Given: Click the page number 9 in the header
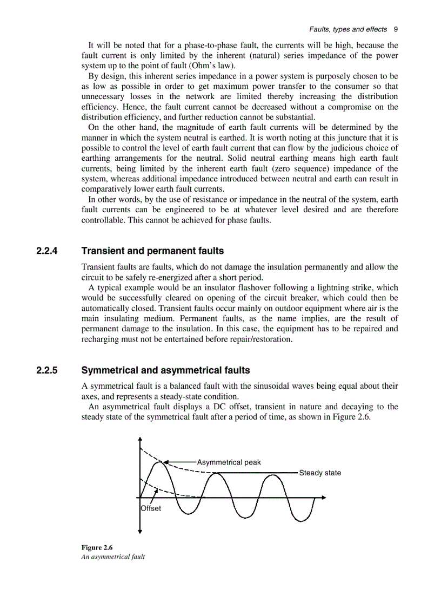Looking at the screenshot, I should point(396,29).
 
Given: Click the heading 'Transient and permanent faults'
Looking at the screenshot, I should point(152,251).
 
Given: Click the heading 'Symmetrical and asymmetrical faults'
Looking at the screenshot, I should point(165,371).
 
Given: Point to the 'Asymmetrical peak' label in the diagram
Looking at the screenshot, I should point(229,462).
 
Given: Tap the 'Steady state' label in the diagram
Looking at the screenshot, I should point(320,473).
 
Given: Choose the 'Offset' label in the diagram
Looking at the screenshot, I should point(151,508).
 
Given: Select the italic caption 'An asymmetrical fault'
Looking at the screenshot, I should point(113,557).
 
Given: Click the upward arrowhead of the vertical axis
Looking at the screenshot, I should point(140,439).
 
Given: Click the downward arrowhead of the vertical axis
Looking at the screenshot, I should point(140,531).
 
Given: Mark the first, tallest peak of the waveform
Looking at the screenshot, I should point(161,462).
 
